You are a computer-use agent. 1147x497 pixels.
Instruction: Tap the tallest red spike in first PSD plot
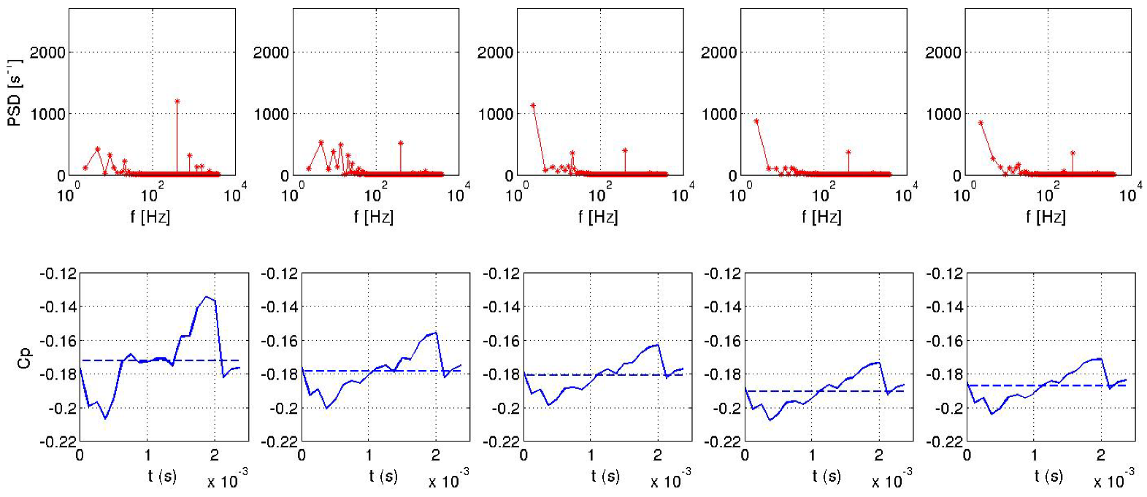177,101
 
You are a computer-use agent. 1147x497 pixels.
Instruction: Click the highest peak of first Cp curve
207,296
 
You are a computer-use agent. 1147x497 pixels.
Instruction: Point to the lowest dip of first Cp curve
105,418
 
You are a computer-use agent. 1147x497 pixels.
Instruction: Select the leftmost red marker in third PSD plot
533,105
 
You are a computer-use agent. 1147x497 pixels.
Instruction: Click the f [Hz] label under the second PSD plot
373,217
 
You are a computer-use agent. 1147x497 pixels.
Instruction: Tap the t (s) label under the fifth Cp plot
1048,476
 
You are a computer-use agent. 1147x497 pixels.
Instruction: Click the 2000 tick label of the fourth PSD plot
718,52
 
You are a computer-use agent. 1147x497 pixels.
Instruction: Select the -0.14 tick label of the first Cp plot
58,307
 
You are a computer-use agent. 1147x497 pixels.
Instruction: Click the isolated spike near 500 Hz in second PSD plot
401,143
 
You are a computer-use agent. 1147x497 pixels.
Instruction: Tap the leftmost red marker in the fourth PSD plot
756,121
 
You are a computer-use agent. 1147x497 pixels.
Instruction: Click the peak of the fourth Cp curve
878,362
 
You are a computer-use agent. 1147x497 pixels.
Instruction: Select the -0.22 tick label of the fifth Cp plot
944,442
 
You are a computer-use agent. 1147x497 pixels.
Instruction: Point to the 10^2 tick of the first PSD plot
149,194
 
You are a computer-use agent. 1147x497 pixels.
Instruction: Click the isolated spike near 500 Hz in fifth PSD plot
1073,153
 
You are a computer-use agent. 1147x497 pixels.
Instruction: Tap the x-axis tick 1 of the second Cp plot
369,455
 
